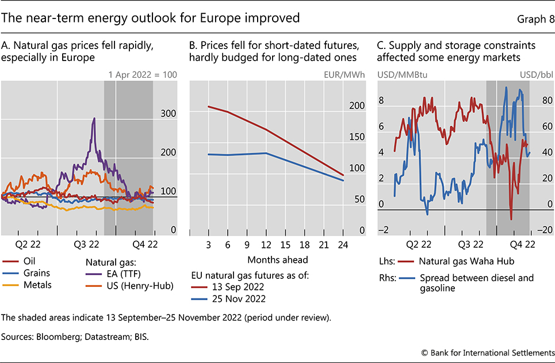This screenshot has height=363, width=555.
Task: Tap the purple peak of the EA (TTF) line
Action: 94,119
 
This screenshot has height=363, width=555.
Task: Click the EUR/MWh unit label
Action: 348,74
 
